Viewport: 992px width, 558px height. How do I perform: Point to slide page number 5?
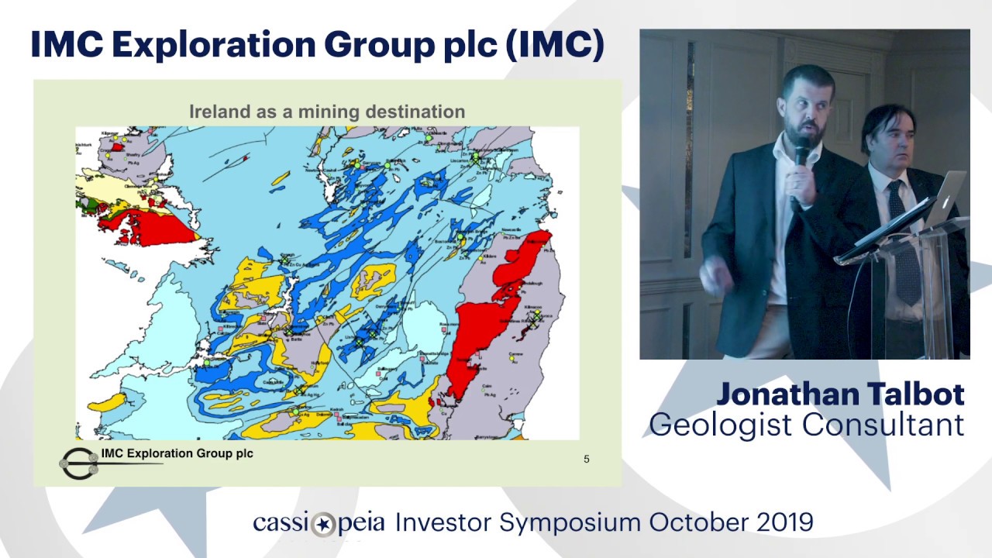tap(586, 459)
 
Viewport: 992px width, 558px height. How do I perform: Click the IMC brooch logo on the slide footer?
tap(78, 463)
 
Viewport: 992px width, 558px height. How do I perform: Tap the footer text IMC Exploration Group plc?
tap(177, 453)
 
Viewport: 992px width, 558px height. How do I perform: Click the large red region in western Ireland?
tap(147, 228)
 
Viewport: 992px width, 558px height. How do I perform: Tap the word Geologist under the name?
tap(721, 425)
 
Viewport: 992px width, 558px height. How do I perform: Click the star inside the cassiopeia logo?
tap(323, 524)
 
